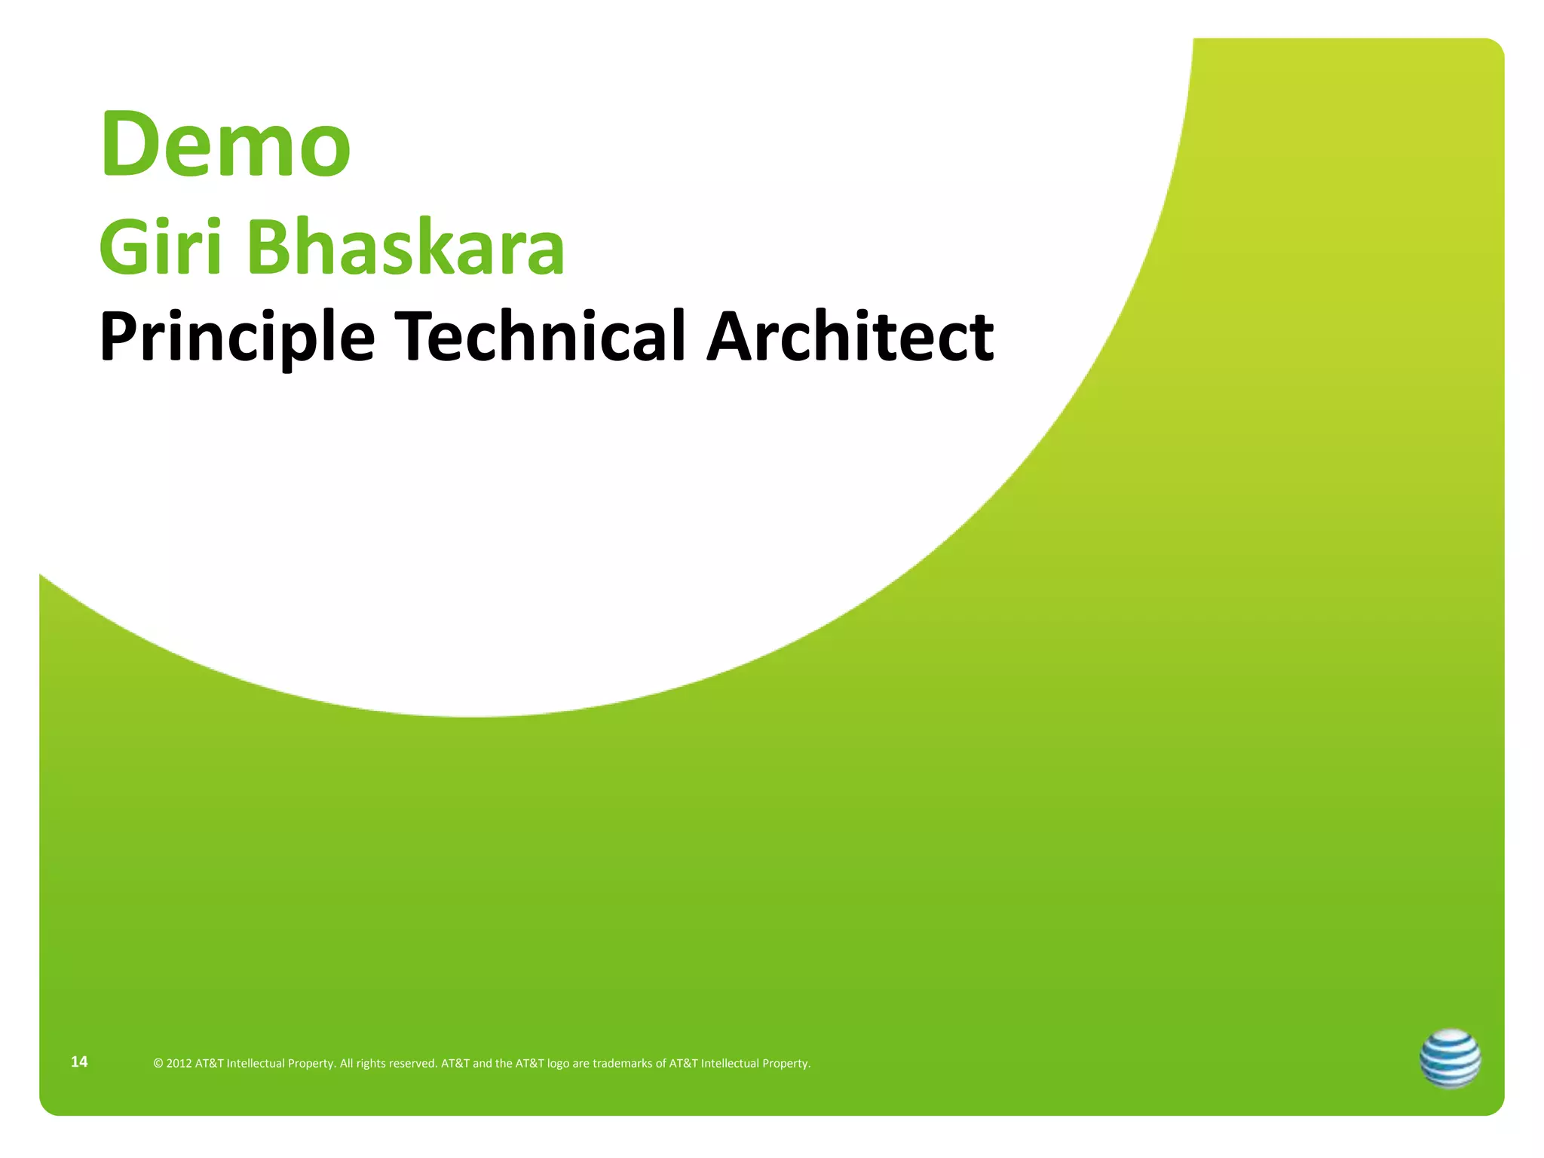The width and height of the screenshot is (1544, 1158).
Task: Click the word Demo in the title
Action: point(225,144)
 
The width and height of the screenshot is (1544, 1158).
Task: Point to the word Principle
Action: point(237,337)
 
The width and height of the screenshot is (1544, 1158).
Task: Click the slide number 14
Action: point(79,1061)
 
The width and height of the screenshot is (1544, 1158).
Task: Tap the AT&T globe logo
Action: point(1450,1058)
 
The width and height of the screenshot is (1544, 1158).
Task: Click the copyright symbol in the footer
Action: point(158,1064)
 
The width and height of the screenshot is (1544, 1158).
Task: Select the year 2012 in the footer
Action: point(179,1064)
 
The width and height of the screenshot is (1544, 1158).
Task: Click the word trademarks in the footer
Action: point(622,1064)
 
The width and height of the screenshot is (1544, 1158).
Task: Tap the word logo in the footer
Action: point(558,1064)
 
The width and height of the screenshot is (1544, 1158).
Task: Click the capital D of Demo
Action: point(130,144)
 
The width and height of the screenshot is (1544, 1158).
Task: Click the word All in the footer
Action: point(346,1064)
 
